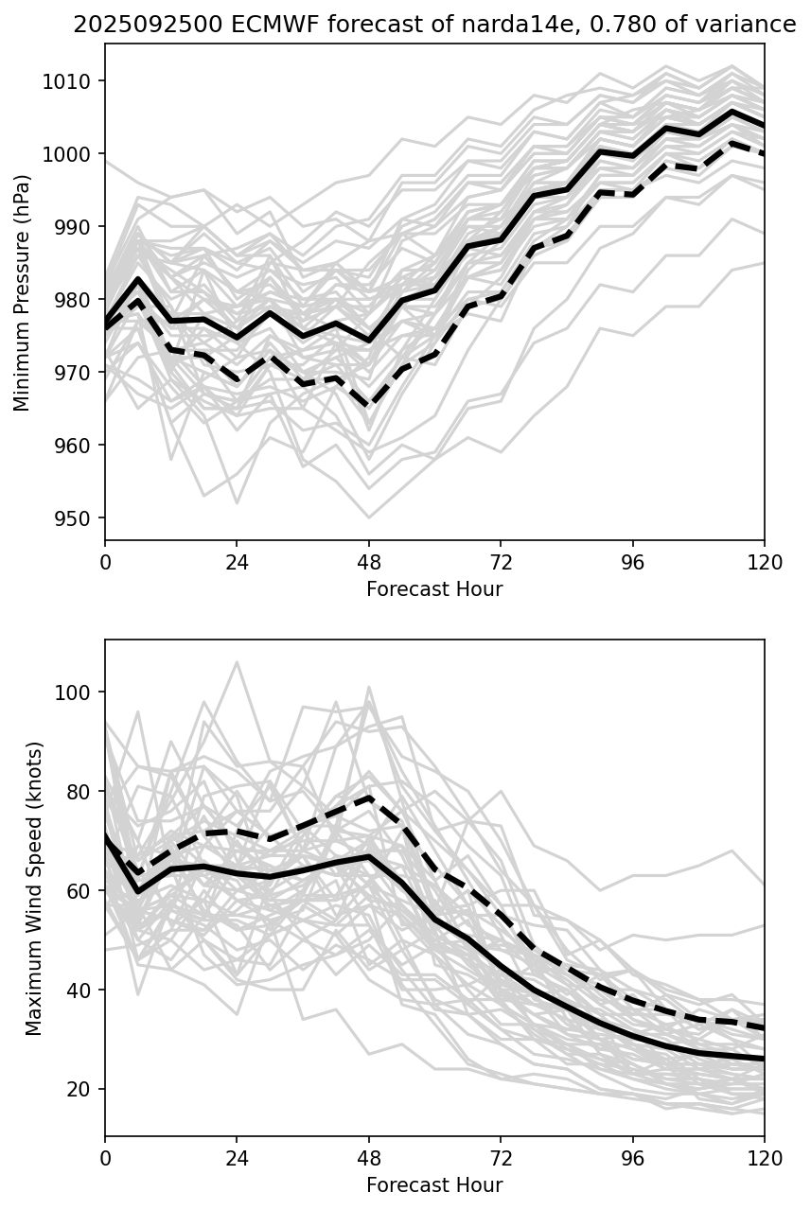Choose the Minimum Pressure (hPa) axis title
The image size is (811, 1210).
pyautogui.click(x=23, y=292)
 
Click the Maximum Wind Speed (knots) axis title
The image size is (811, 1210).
pyautogui.click(x=34, y=887)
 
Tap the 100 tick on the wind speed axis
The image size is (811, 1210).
pyautogui.click(x=79, y=693)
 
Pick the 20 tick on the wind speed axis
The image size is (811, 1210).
pyautogui.click(x=83, y=1090)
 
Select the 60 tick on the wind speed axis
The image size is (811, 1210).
pyautogui.click(x=83, y=891)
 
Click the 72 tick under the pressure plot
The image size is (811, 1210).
pyautogui.click(x=501, y=562)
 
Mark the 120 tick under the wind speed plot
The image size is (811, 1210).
pyautogui.click(x=764, y=1157)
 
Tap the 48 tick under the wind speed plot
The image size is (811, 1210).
pyautogui.click(x=369, y=1157)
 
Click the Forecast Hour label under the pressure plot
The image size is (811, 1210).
pyautogui.click(x=434, y=589)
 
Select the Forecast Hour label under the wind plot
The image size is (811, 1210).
pyautogui.click(x=434, y=1185)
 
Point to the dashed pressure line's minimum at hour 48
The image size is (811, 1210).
pyautogui.click(x=369, y=406)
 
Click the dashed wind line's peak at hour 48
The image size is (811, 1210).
pyautogui.click(x=369, y=797)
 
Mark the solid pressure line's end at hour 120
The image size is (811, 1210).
pyautogui.click(x=764, y=126)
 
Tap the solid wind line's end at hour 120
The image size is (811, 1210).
pyautogui.click(x=764, y=1059)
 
